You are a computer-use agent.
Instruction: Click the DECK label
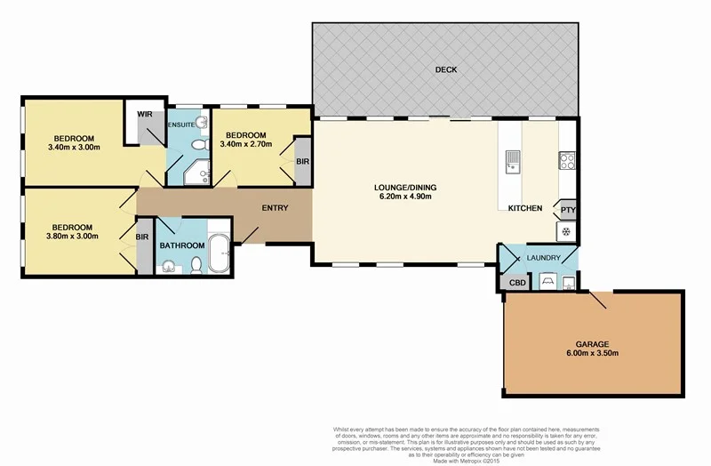click(x=445, y=69)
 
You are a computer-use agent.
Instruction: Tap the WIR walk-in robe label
click(x=142, y=116)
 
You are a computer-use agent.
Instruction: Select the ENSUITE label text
click(x=182, y=125)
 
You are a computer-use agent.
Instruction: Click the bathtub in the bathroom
click(x=219, y=255)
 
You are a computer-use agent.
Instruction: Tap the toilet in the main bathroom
click(x=195, y=264)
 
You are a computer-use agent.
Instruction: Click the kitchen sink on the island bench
click(x=513, y=161)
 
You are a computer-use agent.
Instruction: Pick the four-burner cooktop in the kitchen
click(x=566, y=161)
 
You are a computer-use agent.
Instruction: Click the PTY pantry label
click(x=566, y=210)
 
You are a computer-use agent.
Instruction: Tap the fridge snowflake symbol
click(x=565, y=230)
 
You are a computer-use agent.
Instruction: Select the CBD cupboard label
click(x=515, y=284)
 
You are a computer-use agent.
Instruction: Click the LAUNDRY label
click(x=543, y=259)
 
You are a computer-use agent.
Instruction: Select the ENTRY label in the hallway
click(x=274, y=208)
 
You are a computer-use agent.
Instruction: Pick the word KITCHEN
click(x=525, y=208)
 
